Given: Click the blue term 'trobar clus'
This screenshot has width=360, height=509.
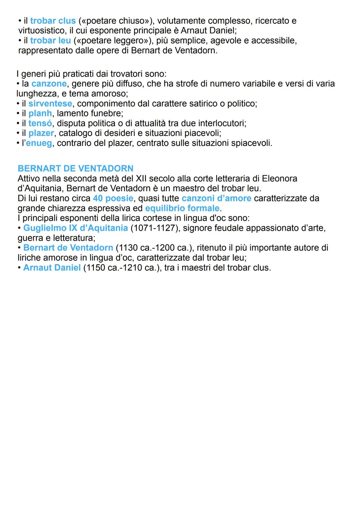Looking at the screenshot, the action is click(x=53, y=21).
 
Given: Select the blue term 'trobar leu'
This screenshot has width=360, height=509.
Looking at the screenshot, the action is click(x=50, y=41).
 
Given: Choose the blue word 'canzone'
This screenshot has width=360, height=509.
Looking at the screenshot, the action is click(x=49, y=84).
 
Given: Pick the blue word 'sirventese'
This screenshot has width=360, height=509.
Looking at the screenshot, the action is click(x=50, y=104).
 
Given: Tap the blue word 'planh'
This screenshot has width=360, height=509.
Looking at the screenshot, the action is click(x=40, y=113).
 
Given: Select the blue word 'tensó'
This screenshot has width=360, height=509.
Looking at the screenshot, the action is click(x=40, y=123).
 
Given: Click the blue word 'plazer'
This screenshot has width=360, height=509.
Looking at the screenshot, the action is click(x=41, y=133).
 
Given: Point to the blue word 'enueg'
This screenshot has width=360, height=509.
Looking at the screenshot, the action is click(x=39, y=143).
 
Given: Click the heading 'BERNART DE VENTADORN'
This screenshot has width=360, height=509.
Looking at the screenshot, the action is click(x=76, y=168).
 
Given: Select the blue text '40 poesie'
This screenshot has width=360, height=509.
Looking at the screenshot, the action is click(x=113, y=198).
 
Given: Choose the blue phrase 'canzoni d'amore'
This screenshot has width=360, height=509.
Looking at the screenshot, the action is click(x=216, y=198).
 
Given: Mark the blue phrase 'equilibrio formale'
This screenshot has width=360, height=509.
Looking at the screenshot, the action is click(x=182, y=208).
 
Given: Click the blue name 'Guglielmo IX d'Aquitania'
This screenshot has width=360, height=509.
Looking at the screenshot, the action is click(x=76, y=228).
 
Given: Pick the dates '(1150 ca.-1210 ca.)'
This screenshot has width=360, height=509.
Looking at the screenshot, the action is click(x=122, y=268).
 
